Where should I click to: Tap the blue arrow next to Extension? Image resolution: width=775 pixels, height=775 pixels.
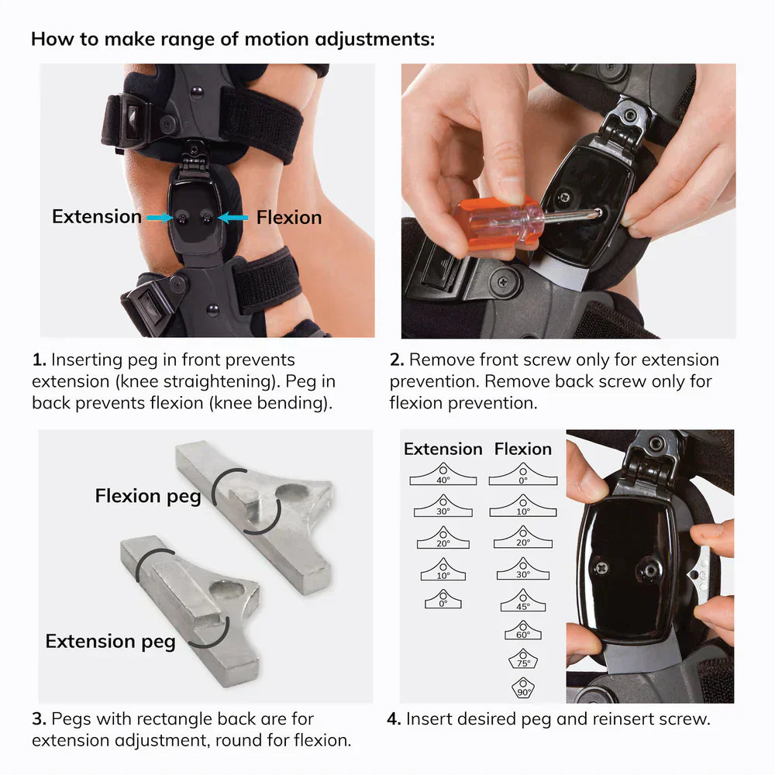(x=159, y=219)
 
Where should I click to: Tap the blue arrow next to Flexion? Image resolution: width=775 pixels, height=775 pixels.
(x=233, y=219)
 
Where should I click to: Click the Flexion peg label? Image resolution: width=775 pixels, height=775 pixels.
(x=148, y=496)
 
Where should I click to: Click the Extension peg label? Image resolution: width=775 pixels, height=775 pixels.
(x=110, y=641)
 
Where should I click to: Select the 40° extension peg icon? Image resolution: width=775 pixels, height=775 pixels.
(x=442, y=474)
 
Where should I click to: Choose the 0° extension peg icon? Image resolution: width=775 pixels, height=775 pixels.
(x=442, y=598)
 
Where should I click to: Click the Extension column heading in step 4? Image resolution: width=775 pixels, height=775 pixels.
(x=443, y=449)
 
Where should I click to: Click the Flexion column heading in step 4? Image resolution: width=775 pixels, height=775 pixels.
(x=523, y=449)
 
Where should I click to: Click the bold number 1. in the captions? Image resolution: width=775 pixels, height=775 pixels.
(x=39, y=360)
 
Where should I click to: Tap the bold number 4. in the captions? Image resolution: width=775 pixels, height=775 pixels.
(x=393, y=718)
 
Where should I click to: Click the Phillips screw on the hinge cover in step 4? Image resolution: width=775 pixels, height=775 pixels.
(x=601, y=568)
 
